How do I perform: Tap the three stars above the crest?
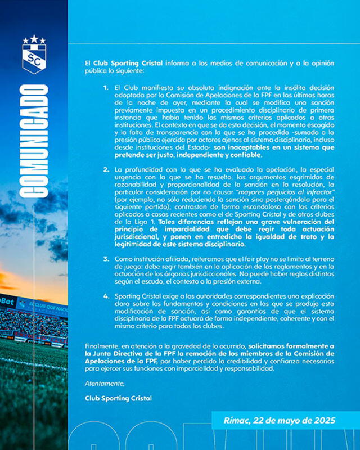(34, 40)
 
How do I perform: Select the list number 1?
(106, 89)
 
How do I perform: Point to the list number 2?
(106, 169)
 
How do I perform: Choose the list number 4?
(106, 295)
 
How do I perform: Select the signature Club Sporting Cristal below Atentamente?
(119, 398)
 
